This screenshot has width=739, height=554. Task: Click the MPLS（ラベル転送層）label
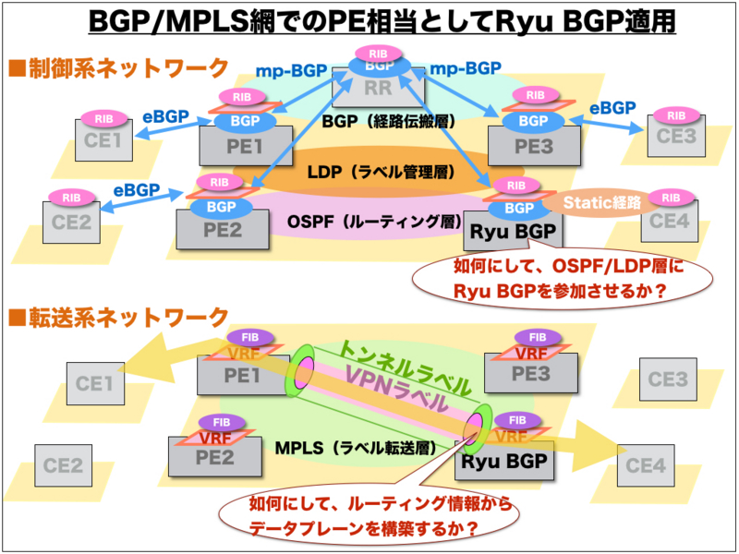click(x=356, y=447)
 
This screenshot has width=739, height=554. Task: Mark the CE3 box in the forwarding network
click(x=668, y=379)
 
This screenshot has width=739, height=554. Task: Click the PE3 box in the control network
click(x=535, y=144)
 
